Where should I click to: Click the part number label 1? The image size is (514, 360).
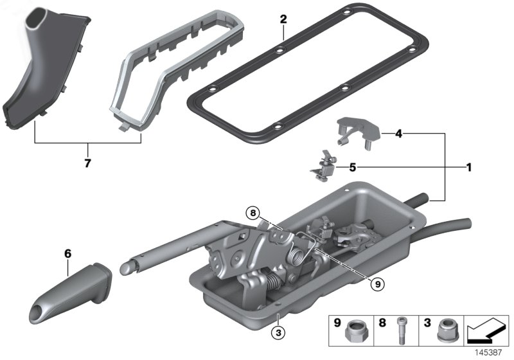pos(469,168)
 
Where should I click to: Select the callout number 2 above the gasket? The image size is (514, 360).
pos(283,19)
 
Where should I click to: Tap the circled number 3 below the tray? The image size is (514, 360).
pos(277,332)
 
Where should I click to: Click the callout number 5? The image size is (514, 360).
pos(352,168)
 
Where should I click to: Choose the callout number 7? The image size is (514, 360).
pos(87,163)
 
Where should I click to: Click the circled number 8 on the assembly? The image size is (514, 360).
pos(254,212)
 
